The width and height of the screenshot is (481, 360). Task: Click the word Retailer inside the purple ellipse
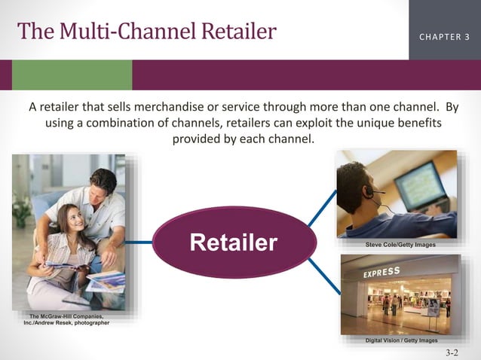coord(234,243)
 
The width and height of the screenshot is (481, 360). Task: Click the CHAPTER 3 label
coord(444,36)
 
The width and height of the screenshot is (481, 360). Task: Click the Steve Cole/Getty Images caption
coord(400,246)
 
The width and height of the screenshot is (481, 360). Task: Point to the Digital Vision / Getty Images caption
coord(400,340)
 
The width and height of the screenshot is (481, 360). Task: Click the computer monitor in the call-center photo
coord(423,185)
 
